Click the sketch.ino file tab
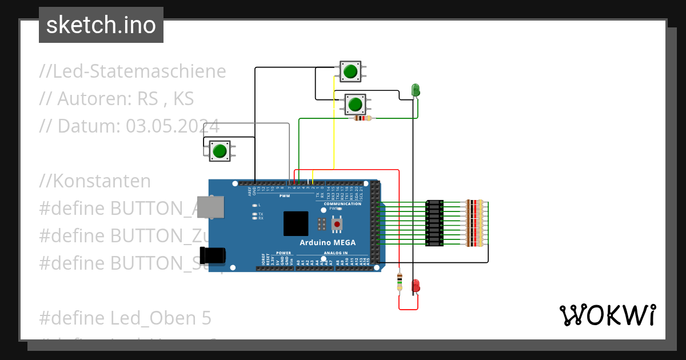point(101,25)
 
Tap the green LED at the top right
point(416,90)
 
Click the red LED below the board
point(416,285)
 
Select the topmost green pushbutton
point(350,71)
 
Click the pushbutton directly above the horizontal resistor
point(355,105)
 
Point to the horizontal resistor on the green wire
point(362,118)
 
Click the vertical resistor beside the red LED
point(399,282)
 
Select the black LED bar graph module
point(435,223)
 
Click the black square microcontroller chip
point(296,223)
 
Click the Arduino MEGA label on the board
point(328,242)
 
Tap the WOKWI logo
point(607,315)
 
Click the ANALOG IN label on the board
point(336,253)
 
